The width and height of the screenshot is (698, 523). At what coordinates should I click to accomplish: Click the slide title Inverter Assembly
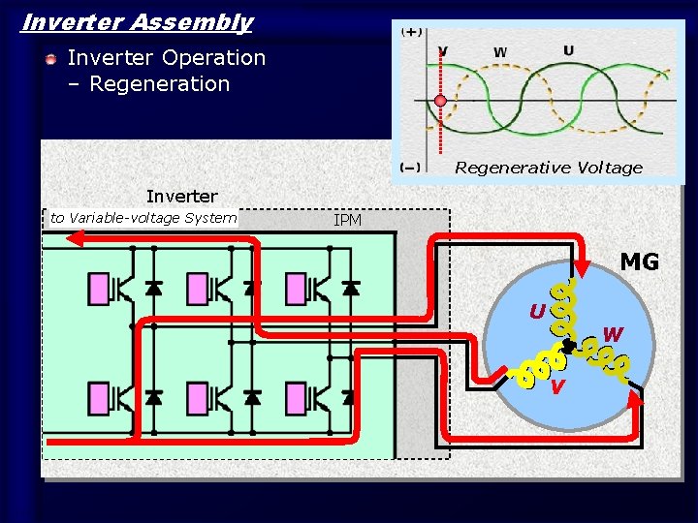coord(137,22)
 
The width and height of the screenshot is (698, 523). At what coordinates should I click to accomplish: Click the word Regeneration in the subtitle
coord(160,84)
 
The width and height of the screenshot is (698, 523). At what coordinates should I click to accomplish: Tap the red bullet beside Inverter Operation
coord(50,60)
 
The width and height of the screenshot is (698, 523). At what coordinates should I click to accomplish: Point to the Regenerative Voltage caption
coord(548,168)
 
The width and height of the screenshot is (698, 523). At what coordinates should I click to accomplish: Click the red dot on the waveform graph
coord(440,101)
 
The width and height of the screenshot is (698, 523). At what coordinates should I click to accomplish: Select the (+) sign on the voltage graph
coord(412,32)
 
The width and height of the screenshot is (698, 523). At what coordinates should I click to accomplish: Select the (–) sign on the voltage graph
coord(411,167)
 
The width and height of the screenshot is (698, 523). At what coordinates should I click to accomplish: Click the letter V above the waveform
coord(443,51)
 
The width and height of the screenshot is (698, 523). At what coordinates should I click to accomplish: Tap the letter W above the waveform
coord(500,51)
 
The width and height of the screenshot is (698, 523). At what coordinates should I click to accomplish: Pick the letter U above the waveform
coord(568,50)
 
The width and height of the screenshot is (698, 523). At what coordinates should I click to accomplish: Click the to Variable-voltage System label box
coord(143,218)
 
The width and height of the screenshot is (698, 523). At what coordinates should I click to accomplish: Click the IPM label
coord(347,221)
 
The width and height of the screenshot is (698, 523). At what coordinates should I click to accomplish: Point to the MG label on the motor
coord(639,261)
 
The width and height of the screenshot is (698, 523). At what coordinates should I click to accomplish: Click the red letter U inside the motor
coord(536,312)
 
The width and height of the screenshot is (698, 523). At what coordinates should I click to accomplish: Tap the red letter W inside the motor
coord(613,334)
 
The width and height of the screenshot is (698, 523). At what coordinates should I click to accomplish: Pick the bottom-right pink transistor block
coord(296,397)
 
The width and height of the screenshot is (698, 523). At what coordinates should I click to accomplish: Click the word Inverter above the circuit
coord(181,197)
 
